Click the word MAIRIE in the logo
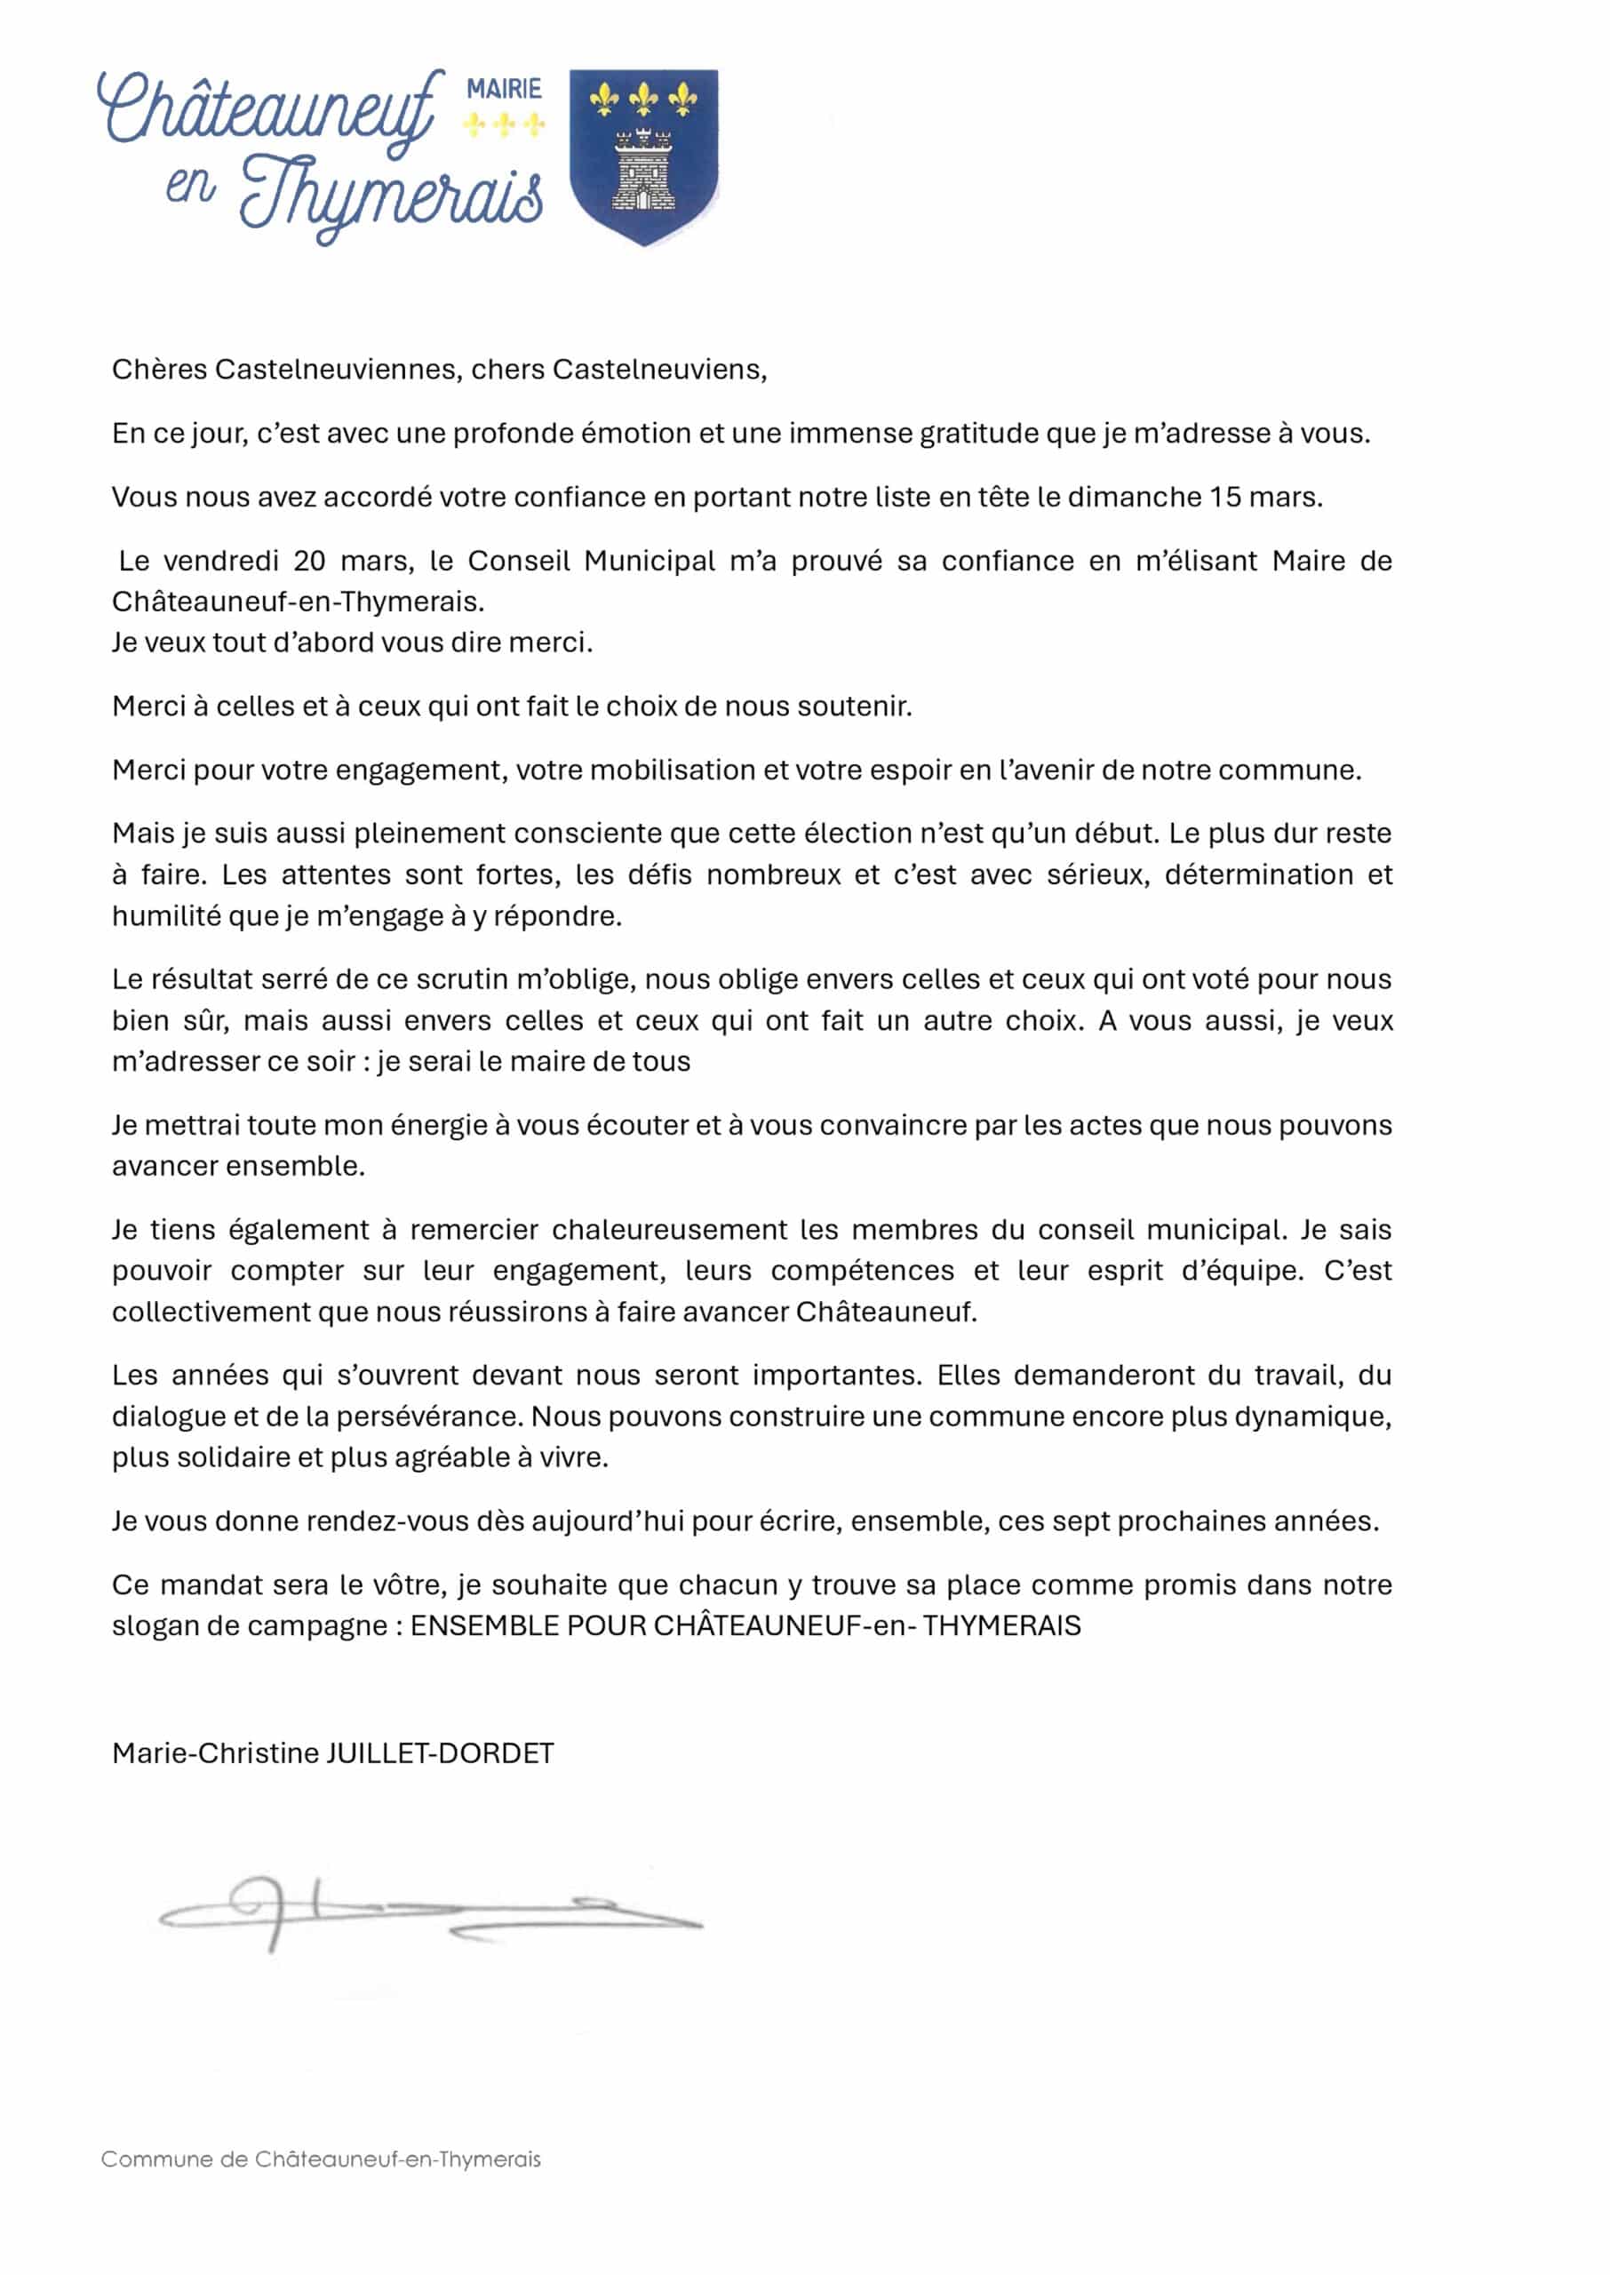pos(504,89)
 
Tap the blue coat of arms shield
pos(643,156)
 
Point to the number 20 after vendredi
pos(309,561)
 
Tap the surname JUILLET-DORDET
pos(440,1752)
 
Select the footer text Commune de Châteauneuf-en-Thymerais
pos(322,2158)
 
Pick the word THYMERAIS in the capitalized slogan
pos(1001,1625)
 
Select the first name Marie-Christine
pos(215,1752)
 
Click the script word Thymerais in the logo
pos(392,196)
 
